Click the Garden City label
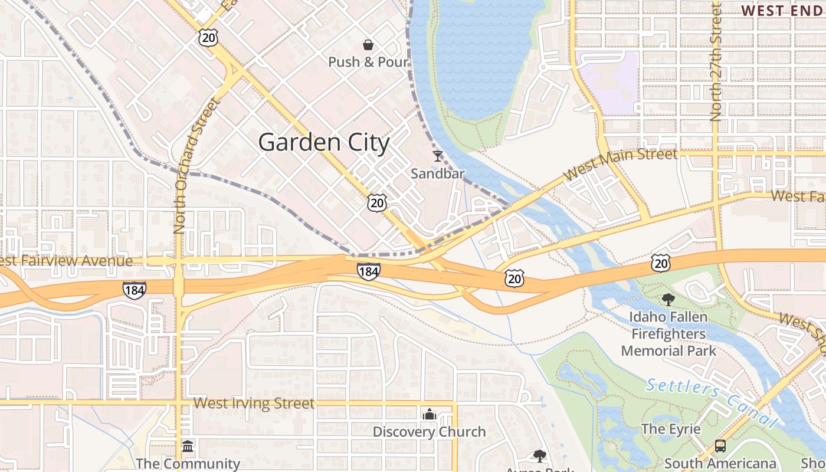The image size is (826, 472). coord(324,143)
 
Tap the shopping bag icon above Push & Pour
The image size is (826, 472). coord(368,45)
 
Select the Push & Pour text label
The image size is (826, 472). coord(368,62)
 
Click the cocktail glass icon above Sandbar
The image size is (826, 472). coord(437,156)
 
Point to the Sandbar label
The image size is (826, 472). coord(437,173)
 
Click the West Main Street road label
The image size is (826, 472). coord(621,163)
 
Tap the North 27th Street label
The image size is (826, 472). coord(716,62)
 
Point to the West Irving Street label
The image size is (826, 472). coord(254,404)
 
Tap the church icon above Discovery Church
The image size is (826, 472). coord(429,415)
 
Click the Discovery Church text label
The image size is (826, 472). coord(429,432)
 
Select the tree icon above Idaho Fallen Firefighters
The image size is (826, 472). coord(668,300)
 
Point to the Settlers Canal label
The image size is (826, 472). coord(712,402)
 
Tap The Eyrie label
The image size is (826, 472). coord(671,429)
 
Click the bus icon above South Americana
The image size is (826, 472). coord(720,446)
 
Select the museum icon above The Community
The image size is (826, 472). coord(188,446)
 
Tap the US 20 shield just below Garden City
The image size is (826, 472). coord(376,203)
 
